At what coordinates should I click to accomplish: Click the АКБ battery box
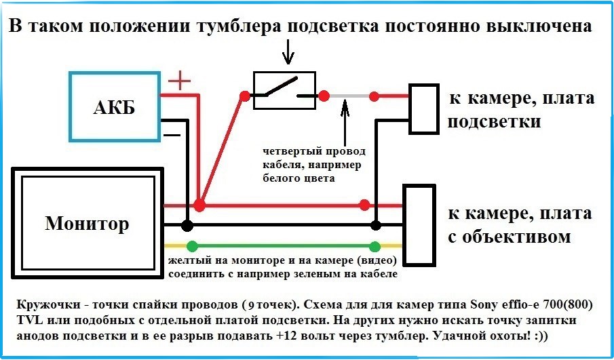pyautogui.click(x=113, y=106)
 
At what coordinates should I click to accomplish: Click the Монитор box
pyautogui.click(x=87, y=223)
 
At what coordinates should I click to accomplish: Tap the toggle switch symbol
pyautogui.click(x=284, y=90)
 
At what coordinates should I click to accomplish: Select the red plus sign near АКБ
pyautogui.click(x=180, y=82)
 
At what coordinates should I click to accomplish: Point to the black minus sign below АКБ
pyautogui.click(x=172, y=134)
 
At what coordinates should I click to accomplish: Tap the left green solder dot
pyautogui.click(x=193, y=246)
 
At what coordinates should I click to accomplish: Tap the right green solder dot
pyautogui.click(x=374, y=246)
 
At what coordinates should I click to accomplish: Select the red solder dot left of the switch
pyautogui.click(x=245, y=96)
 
